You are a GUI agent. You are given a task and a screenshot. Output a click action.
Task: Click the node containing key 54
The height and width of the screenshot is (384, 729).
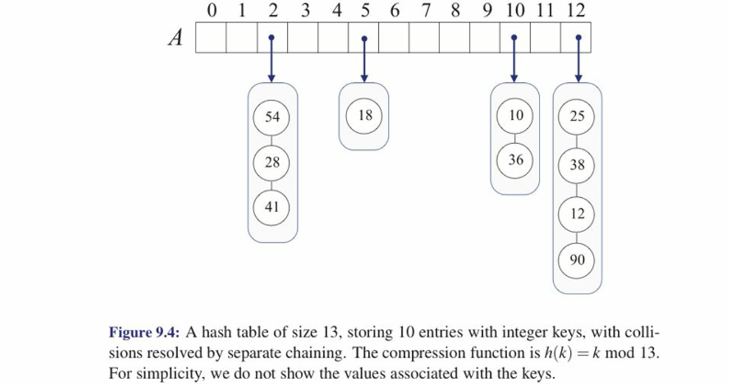pyautogui.click(x=272, y=116)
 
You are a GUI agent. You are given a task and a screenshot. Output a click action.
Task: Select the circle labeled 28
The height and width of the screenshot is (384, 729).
pyautogui.click(x=272, y=162)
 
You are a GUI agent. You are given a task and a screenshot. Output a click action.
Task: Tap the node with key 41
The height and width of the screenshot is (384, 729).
pyautogui.click(x=272, y=207)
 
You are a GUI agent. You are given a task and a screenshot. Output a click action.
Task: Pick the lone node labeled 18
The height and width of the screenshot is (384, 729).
pyautogui.click(x=365, y=115)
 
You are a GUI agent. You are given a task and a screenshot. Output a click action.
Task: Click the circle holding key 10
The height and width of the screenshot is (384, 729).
pyautogui.click(x=516, y=115)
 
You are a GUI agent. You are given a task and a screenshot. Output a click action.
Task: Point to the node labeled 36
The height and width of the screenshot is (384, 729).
pyautogui.click(x=516, y=160)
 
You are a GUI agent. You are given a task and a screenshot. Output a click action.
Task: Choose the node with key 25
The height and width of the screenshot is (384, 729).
pyautogui.click(x=576, y=116)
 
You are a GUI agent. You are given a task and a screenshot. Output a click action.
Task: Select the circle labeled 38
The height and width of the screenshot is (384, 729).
pyautogui.click(x=576, y=165)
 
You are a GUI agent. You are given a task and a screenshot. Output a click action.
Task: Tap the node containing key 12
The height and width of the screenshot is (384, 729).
pyautogui.click(x=576, y=213)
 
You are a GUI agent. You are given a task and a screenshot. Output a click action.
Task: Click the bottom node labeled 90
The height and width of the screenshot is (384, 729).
pyautogui.click(x=576, y=260)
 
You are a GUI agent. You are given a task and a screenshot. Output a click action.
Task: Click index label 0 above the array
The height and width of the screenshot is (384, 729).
pyautogui.click(x=212, y=10)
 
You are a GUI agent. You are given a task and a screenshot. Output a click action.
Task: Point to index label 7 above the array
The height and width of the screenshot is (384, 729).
pyautogui.click(x=424, y=10)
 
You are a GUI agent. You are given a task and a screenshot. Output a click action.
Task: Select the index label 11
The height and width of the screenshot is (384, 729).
pyautogui.click(x=544, y=10)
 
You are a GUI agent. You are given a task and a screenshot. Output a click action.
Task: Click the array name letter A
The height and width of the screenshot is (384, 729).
pyautogui.click(x=175, y=39)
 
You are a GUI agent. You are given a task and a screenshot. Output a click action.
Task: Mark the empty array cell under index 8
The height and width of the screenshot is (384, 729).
pyautogui.click(x=455, y=38)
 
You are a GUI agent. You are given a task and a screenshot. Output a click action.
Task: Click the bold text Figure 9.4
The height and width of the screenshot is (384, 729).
pyautogui.click(x=144, y=333)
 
